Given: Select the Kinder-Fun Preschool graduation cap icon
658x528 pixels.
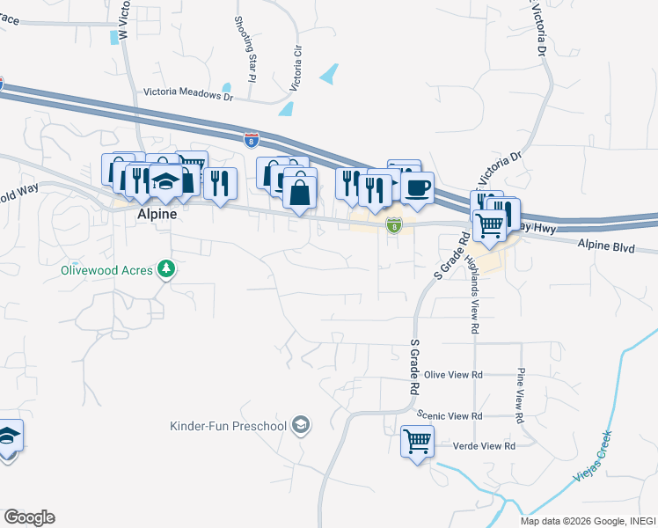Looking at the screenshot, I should pyautogui.click(x=301, y=426).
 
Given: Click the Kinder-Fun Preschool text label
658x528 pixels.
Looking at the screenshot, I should pyautogui.click(x=229, y=427).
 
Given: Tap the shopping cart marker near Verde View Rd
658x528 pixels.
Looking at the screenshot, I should pyautogui.click(x=417, y=440).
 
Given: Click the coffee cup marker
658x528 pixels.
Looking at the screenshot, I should pyautogui.click(x=417, y=187).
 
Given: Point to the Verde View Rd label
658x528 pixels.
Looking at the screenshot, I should pyautogui.click(x=484, y=446).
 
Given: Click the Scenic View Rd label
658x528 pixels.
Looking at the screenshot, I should pyautogui.click(x=452, y=415).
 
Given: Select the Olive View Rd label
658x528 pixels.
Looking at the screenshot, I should pyautogui.click(x=454, y=374).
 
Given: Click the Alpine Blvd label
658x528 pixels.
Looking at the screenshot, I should pyautogui.click(x=606, y=248).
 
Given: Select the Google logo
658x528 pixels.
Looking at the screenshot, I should pyautogui.click(x=29, y=517).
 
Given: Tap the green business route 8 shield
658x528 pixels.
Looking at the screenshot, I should pyautogui.click(x=395, y=226).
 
